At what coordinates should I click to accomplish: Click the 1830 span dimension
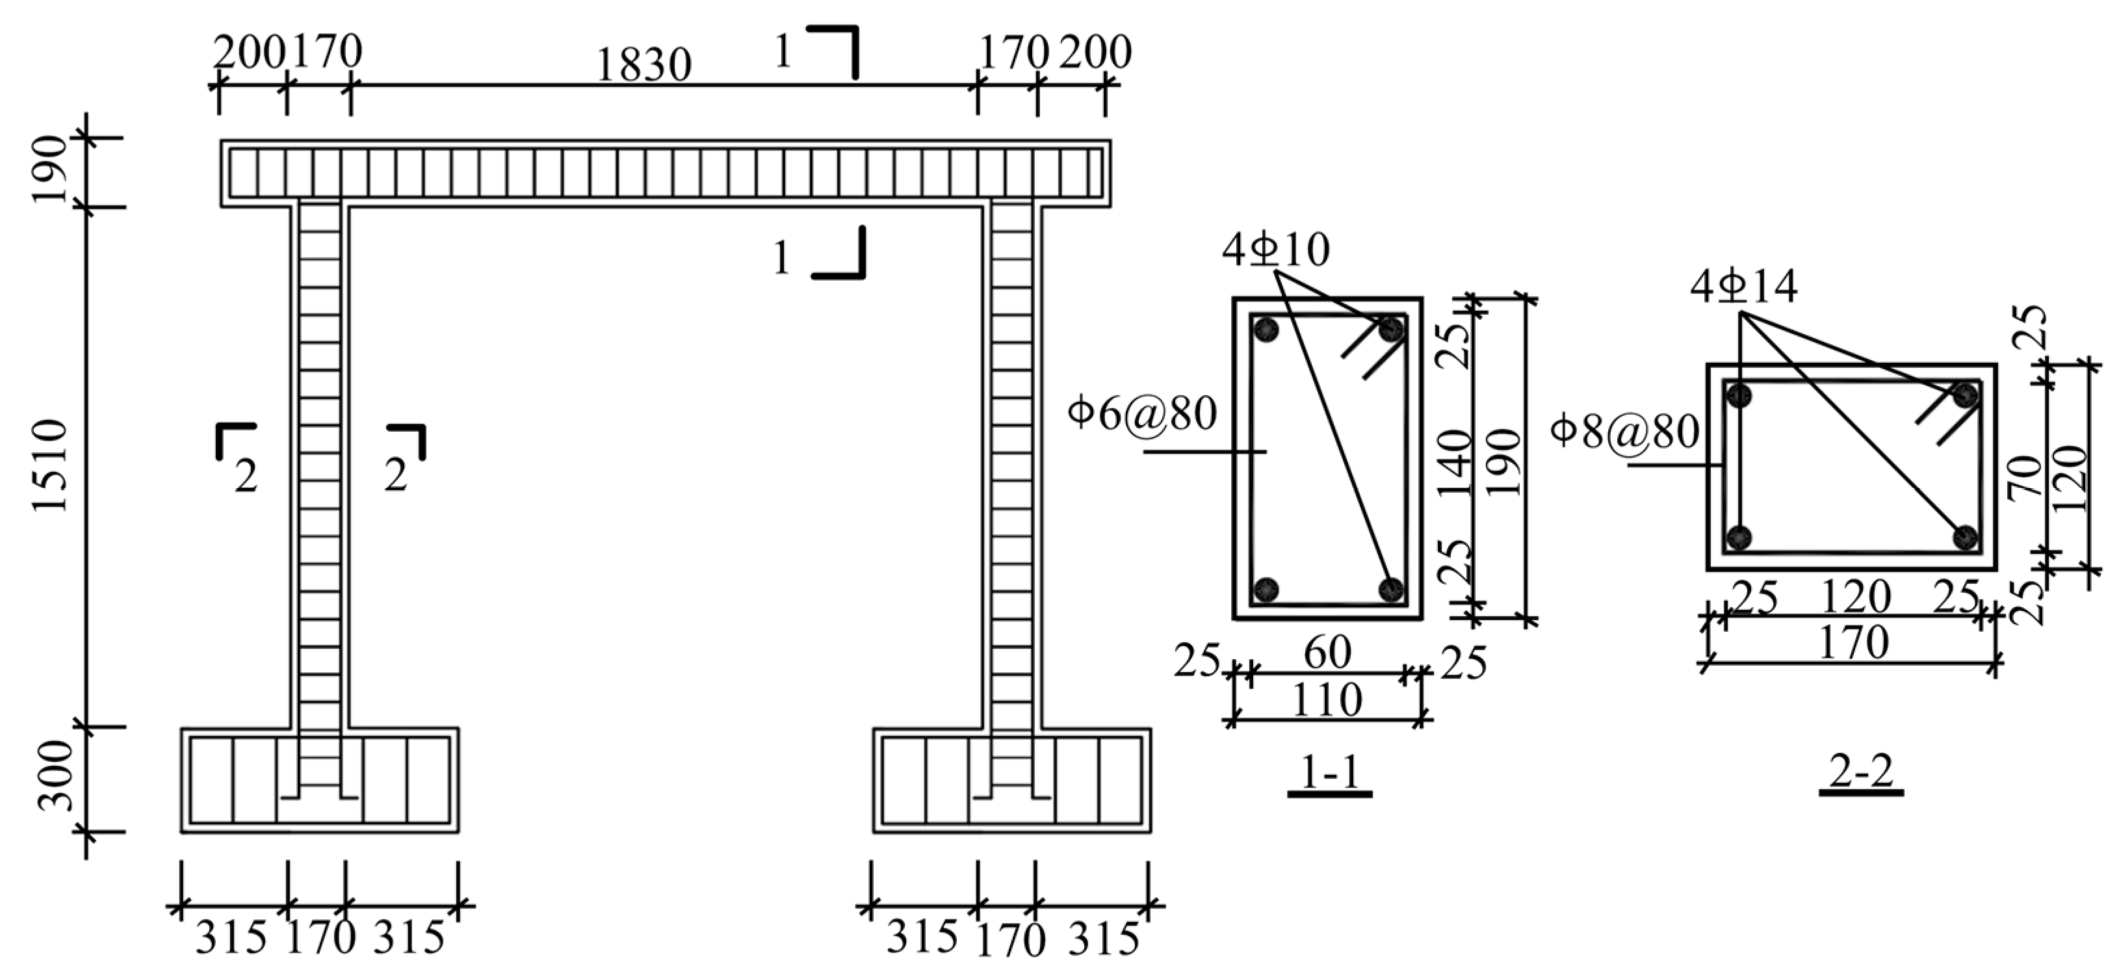click(642, 66)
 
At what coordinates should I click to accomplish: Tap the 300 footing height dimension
click(56, 775)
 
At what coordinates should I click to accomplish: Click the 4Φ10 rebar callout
click(1275, 250)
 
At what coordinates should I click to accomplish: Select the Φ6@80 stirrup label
click(1142, 414)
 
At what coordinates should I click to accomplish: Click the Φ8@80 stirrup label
click(1624, 431)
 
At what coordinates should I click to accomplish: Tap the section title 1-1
click(1329, 772)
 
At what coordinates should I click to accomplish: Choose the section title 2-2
click(1861, 772)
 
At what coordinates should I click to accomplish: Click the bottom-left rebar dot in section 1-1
click(1267, 589)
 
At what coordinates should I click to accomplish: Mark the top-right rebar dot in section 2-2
click(1965, 396)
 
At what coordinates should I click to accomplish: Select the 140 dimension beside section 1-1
click(1457, 465)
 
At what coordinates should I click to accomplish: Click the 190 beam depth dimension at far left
click(51, 168)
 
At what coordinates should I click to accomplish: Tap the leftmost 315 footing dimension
click(231, 938)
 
